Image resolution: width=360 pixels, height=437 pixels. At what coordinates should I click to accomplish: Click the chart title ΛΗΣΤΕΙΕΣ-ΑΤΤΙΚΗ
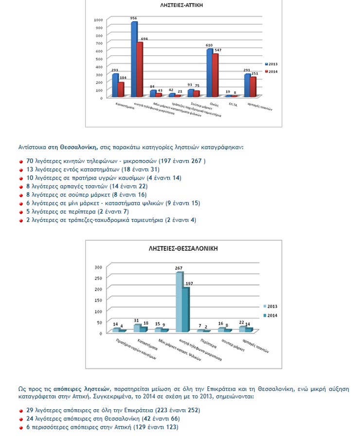pos(182,5)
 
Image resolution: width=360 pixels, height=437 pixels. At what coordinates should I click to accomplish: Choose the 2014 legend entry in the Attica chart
pos(272,72)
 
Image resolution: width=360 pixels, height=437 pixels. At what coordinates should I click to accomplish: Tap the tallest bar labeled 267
pos(179,302)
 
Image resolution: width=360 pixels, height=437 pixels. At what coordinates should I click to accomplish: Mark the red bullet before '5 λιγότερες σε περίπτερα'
pos(22,212)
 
